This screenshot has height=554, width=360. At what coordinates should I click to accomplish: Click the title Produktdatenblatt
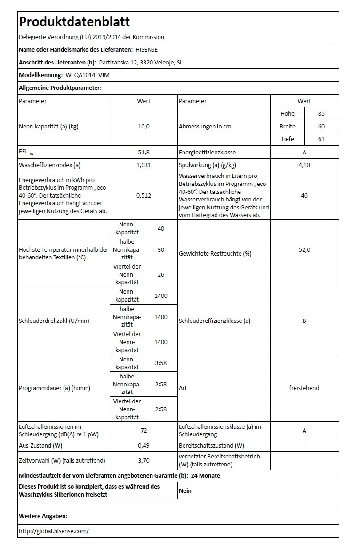pos(74,22)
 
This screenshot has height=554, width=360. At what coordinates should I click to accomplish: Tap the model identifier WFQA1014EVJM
pos(88,75)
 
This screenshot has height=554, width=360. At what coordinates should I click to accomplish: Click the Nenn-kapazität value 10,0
pos(144,126)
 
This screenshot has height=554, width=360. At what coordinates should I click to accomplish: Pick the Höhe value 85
pos(321,113)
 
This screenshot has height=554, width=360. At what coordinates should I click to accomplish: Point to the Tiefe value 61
pos(321,139)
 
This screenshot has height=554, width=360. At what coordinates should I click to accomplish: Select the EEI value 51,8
pos(144,152)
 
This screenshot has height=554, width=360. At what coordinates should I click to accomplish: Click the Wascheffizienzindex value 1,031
pos(144,165)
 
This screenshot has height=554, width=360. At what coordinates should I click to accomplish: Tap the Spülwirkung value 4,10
pos(304,165)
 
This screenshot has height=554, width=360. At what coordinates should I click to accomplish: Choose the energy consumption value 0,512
pos(144,195)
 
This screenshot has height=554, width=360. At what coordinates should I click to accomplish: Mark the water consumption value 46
pos(304,195)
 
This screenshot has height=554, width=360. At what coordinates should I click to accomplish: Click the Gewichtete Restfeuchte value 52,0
pos(304,249)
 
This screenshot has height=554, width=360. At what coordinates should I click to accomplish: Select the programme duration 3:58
pos(161,363)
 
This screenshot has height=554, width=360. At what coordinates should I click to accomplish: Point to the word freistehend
pos(304,388)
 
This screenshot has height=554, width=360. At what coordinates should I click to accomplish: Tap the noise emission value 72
pos(144,430)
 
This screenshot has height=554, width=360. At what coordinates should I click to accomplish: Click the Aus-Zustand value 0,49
pos(144,445)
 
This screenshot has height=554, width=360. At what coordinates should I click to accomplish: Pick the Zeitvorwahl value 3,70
pos(144,460)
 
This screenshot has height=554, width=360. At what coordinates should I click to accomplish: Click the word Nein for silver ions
pos(185,490)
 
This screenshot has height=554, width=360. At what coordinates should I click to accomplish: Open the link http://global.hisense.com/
pos(54,531)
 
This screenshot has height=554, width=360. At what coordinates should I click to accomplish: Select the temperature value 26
pos(161,275)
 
